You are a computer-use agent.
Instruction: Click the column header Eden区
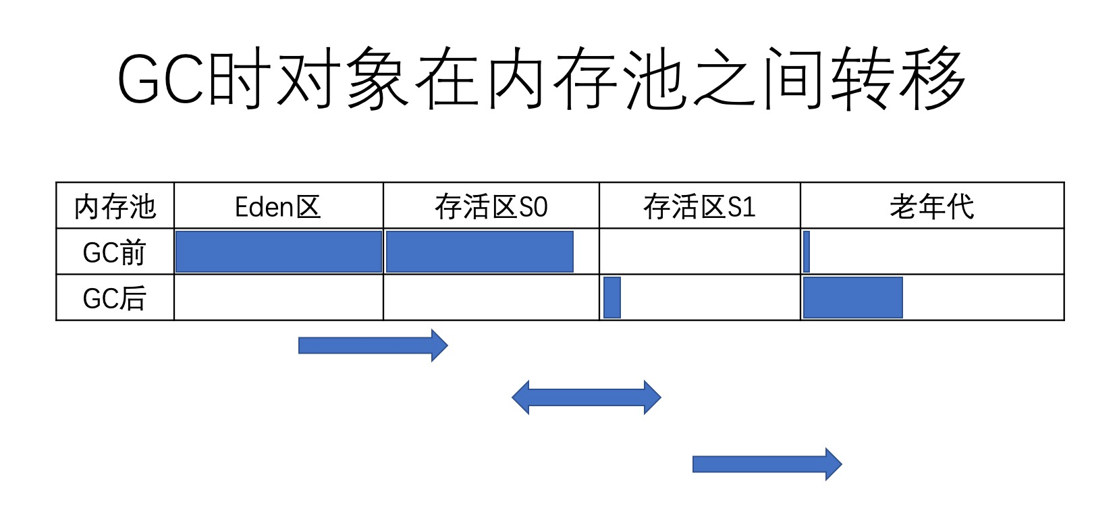pyautogui.click(x=278, y=206)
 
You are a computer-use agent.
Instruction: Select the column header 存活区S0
pyautogui.click(x=491, y=206)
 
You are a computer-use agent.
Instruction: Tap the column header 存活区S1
pyautogui.click(x=699, y=206)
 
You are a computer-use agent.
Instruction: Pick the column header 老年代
pyautogui.click(x=931, y=206)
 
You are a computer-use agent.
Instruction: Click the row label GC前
pyautogui.click(x=115, y=252)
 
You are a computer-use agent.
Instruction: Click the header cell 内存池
pyautogui.click(x=115, y=206)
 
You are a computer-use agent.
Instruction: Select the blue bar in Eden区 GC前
pyautogui.click(x=278, y=252)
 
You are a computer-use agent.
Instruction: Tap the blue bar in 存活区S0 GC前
pyautogui.click(x=479, y=252)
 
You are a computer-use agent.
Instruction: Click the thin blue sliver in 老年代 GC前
pyautogui.click(x=807, y=252)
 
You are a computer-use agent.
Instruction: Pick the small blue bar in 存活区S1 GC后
pyautogui.click(x=612, y=298)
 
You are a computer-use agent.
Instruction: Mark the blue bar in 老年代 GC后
pyautogui.click(x=853, y=298)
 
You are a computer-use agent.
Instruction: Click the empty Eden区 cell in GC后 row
pyautogui.click(x=278, y=298)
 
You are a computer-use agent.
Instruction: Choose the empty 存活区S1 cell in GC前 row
pyautogui.click(x=699, y=252)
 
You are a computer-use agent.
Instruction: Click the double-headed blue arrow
pyautogui.click(x=586, y=397)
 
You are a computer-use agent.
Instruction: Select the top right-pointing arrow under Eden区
pyautogui.click(x=373, y=345)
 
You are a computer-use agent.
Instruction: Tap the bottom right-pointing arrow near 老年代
pyautogui.click(x=767, y=464)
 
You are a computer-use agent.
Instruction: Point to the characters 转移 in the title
pyautogui.click(x=898, y=78)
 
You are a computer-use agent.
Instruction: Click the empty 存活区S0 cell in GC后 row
pyautogui.click(x=491, y=298)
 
